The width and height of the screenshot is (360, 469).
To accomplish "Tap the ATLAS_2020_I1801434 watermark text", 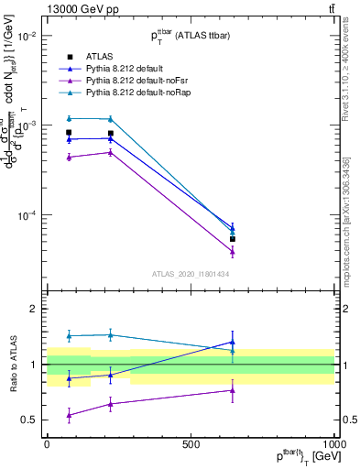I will coord(190,274).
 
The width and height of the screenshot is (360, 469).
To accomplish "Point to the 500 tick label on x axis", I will coord(190,443).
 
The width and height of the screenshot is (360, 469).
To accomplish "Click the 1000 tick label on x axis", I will coord(333,443).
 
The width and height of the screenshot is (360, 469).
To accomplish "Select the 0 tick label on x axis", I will coord(47,443).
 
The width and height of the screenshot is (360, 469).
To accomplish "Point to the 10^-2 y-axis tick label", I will coord(27,36).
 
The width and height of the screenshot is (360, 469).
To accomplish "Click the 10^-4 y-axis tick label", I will coord(27,216).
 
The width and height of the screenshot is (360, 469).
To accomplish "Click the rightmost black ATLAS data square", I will coord(233,238).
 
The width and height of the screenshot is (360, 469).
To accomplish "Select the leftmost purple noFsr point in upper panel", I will coord(69,158).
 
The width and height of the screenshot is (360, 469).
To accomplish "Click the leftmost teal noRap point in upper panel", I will coord(69,118).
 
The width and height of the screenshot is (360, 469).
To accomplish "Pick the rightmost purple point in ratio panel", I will coord(233,390).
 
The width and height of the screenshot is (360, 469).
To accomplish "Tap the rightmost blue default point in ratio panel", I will coord(233,342).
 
